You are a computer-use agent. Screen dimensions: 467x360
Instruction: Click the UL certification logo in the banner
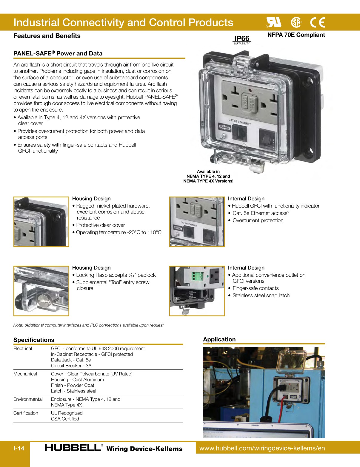(274, 22)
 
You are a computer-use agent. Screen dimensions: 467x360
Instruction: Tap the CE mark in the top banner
(317, 22)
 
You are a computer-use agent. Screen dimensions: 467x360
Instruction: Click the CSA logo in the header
(296, 22)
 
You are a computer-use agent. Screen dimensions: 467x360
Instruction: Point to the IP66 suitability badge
(242, 40)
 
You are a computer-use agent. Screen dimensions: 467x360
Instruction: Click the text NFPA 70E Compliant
(296, 35)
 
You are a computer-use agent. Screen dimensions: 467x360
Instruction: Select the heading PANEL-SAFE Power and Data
(58, 54)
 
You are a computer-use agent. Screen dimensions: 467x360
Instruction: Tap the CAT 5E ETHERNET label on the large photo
(240, 122)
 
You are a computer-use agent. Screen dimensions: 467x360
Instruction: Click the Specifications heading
(34, 340)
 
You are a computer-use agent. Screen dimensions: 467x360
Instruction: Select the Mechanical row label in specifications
(25, 374)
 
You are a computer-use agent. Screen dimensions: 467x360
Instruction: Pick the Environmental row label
(28, 399)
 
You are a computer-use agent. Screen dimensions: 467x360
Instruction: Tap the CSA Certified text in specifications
(65, 419)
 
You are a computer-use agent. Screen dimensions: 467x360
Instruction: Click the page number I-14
(19, 448)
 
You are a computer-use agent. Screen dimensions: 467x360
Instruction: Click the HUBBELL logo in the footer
(73, 448)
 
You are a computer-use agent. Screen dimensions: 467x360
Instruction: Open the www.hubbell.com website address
(262, 448)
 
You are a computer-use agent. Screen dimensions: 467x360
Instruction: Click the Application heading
(219, 339)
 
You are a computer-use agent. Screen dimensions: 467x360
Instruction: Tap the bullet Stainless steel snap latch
(261, 296)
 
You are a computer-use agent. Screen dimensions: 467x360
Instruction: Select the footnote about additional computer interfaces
(89, 325)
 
